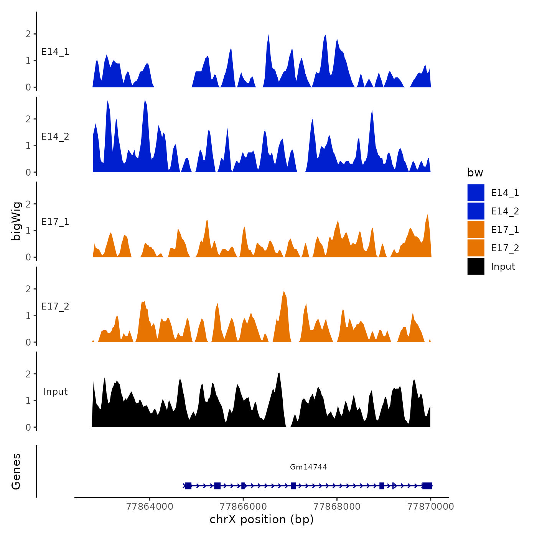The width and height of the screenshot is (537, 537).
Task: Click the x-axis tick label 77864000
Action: click(150, 506)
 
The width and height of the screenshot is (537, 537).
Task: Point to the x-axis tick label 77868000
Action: click(337, 506)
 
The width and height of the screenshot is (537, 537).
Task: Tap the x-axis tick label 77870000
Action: click(430, 506)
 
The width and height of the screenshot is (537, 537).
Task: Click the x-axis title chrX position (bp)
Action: click(262, 519)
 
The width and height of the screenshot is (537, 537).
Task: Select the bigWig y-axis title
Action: click(16, 221)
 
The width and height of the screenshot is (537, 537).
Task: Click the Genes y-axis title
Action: click(16, 471)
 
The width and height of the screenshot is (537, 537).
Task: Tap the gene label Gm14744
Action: click(308, 467)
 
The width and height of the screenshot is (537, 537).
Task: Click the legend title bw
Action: click(475, 173)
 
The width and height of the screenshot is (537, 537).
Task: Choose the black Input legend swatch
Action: click(476, 266)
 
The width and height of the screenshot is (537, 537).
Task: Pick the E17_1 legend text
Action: click(505, 229)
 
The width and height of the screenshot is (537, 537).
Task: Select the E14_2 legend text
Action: click(505, 211)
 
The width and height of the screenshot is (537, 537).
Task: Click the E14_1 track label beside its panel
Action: click(55, 52)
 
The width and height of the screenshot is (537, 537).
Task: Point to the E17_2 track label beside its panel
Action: click(55, 306)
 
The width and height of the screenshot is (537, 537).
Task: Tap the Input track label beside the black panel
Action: click(55, 391)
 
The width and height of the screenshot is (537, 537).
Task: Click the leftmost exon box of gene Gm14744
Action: click(188, 486)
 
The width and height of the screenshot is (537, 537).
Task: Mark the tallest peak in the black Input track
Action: click(279, 373)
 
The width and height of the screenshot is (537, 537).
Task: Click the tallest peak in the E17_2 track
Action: click(284, 292)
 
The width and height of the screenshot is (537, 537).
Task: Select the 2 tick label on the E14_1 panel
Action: click(28, 34)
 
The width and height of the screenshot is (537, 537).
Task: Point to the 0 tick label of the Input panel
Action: click(28, 427)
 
